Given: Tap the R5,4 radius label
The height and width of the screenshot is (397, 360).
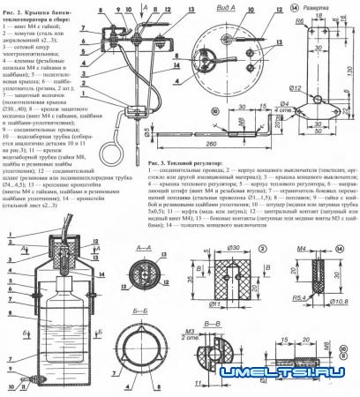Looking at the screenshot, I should (x=303, y=301).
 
